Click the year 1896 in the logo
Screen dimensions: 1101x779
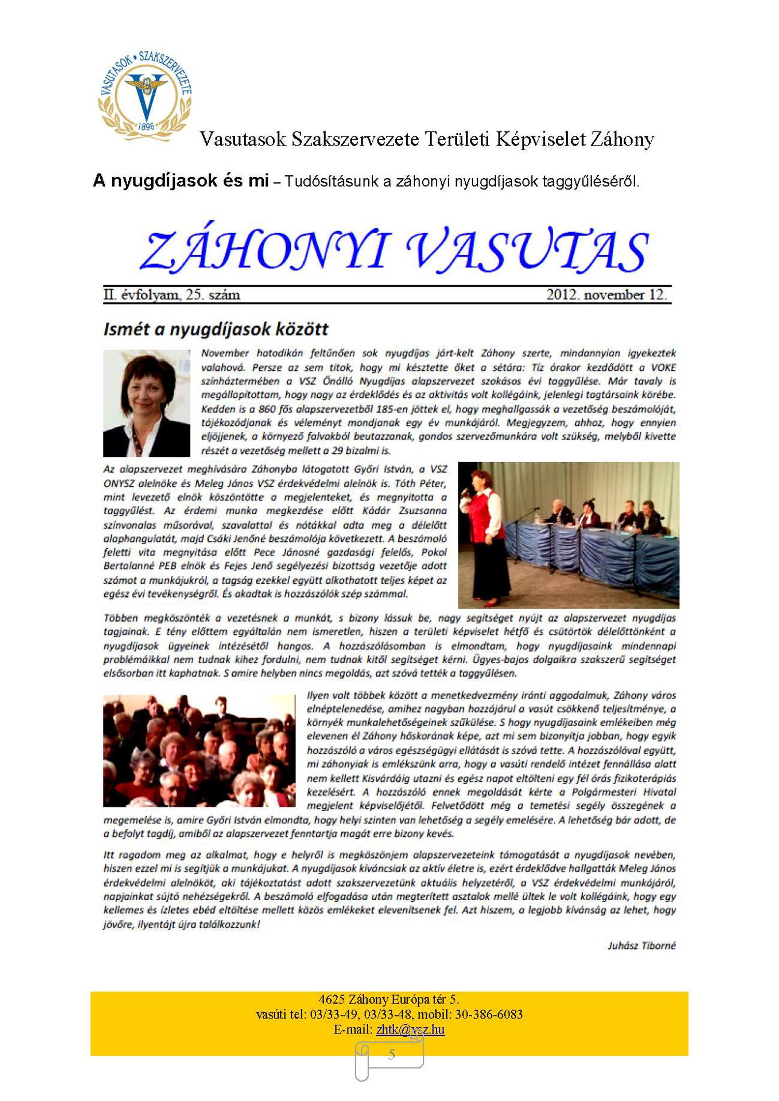(x=146, y=127)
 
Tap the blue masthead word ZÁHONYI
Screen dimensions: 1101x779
(x=265, y=250)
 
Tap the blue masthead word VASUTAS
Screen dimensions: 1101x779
(x=527, y=250)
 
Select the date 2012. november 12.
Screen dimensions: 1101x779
(x=606, y=295)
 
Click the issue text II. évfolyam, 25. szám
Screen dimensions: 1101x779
(x=172, y=295)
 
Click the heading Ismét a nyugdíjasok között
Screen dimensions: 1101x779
(x=216, y=329)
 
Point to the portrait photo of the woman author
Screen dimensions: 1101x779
(x=146, y=403)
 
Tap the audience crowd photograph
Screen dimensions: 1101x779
(x=199, y=750)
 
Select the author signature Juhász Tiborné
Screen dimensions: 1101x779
(x=642, y=946)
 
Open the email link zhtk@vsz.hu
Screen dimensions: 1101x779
(x=410, y=1029)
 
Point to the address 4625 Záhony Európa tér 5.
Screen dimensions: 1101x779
(x=389, y=999)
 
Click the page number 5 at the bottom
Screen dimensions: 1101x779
(x=392, y=1054)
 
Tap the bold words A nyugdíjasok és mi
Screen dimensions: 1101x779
(x=181, y=181)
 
